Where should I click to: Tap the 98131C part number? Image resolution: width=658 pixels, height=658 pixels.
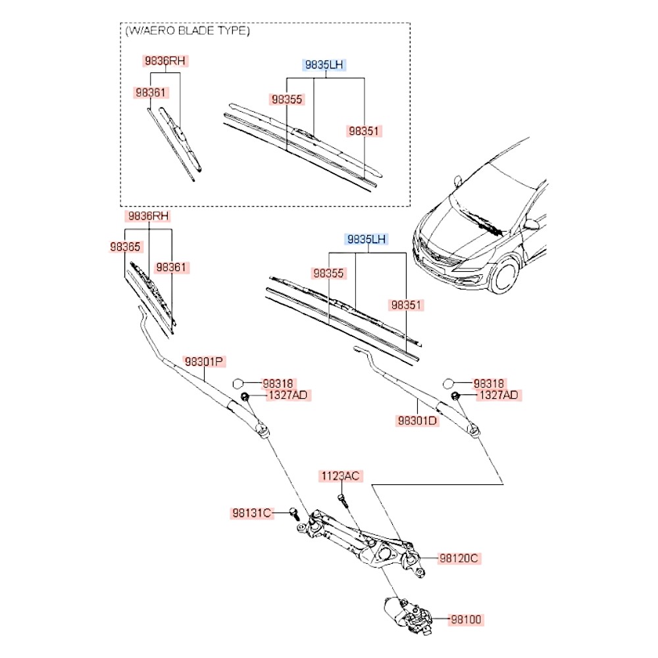click(x=251, y=513)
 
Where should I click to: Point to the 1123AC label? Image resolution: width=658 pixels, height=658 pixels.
click(x=341, y=476)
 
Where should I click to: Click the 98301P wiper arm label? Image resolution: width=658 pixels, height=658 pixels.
click(x=205, y=361)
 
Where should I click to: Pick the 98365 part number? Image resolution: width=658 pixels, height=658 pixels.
click(x=125, y=247)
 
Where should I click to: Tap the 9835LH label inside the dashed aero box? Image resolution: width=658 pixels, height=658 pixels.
click(x=324, y=64)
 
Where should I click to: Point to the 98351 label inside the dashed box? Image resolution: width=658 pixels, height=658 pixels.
click(x=364, y=132)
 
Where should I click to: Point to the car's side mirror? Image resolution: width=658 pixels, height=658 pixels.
click(x=530, y=224)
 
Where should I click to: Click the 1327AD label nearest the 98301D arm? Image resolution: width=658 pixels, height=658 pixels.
click(x=497, y=395)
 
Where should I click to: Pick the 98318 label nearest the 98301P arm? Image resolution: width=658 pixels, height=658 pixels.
click(x=278, y=383)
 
